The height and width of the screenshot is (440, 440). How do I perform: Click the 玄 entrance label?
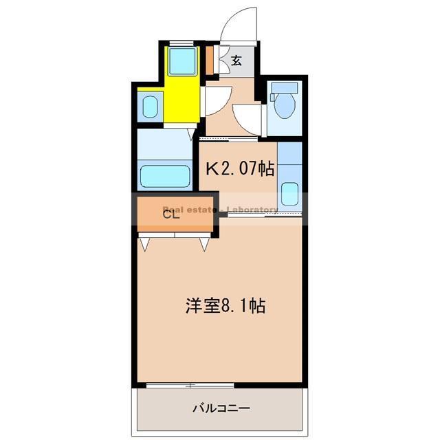click(x=236, y=60)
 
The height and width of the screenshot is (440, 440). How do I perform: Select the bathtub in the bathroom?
click(x=165, y=176)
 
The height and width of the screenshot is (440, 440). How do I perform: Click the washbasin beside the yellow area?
click(x=150, y=106)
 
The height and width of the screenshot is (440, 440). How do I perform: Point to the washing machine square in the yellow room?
click(x=183, y=61)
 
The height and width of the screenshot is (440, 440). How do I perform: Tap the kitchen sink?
click(x=289, y=195)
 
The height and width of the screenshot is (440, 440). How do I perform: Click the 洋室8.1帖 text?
click(x=225, y=305)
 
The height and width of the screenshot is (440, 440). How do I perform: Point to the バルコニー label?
click(x=221, y=408)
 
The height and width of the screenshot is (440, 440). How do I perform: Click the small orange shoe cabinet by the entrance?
click(x=210, y=60)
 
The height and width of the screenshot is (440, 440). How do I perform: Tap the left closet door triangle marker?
click(x=146, y=243)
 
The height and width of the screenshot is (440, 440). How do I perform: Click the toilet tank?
click(x=282, y=88)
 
